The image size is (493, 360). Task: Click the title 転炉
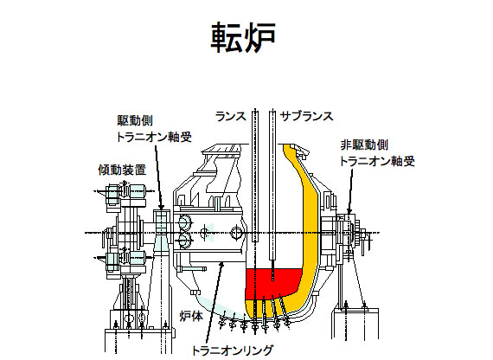[x=243, y=37]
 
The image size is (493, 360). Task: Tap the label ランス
[x=231, y=117]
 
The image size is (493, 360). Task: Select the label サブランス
[x=306, y=117]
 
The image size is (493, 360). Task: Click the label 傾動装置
[x=122, y=170]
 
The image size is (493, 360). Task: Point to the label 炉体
[x=191, y=316]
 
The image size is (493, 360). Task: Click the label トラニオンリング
[x=233, y=350]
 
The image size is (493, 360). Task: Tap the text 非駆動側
[x=364, y=145]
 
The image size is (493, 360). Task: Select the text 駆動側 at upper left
[x=135, y=120]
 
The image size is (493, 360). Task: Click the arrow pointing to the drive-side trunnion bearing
[x=158, y=177]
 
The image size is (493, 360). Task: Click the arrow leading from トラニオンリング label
[x=214, y=303]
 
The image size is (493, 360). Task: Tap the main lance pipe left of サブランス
[x=255, y=176]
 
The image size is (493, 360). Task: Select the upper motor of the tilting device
[x=125, y=192]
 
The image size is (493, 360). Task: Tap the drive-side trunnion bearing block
[x=162, y=224]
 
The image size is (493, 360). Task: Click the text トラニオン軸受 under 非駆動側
[x=377, y=162]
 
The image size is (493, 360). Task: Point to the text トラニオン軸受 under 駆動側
[x=154, y=137]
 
